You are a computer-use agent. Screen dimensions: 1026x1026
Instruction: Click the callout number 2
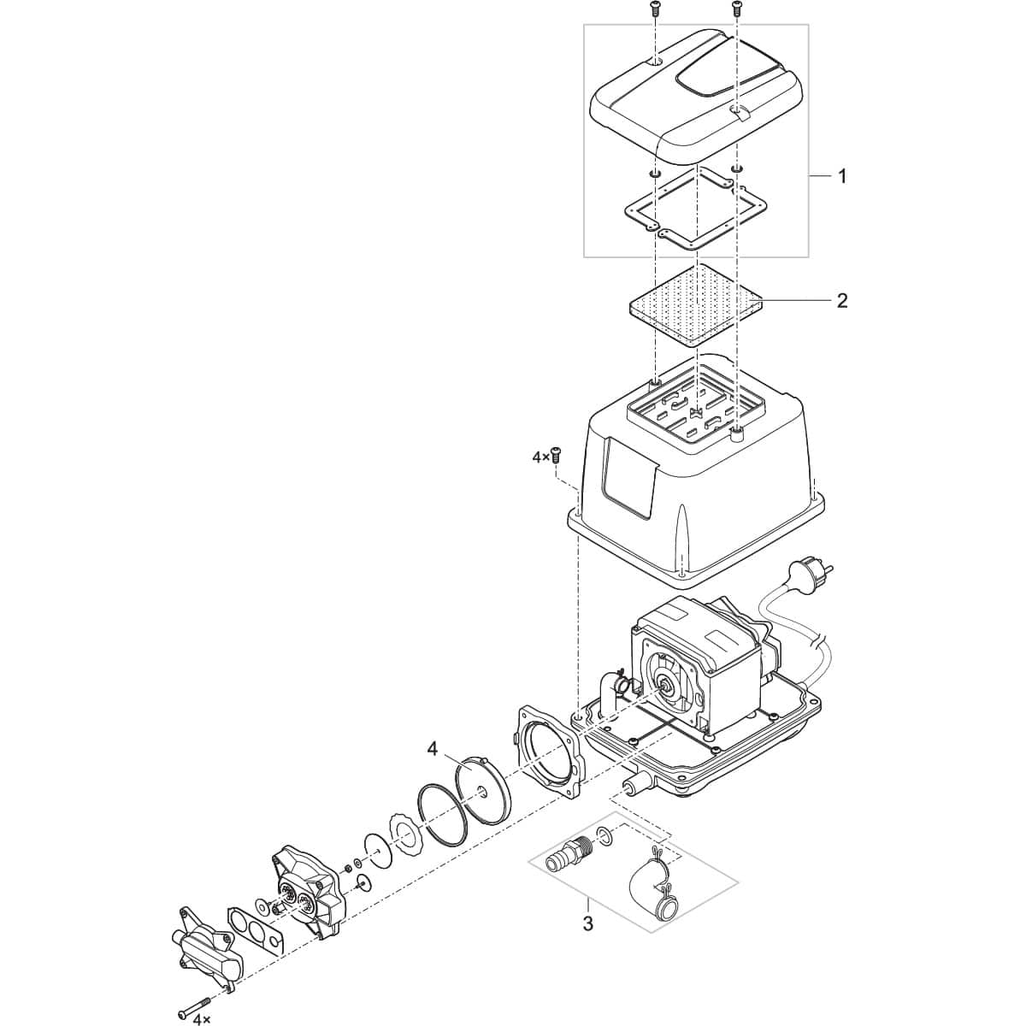[x=842, y=300]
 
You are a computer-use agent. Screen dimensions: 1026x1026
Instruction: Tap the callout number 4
[x=433, y=749]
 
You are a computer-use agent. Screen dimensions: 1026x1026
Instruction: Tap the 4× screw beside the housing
[x=556, y=455]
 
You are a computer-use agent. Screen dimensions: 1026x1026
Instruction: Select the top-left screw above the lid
[x=654, y=9]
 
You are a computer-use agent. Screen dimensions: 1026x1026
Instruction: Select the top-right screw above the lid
[x=736, y=9]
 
